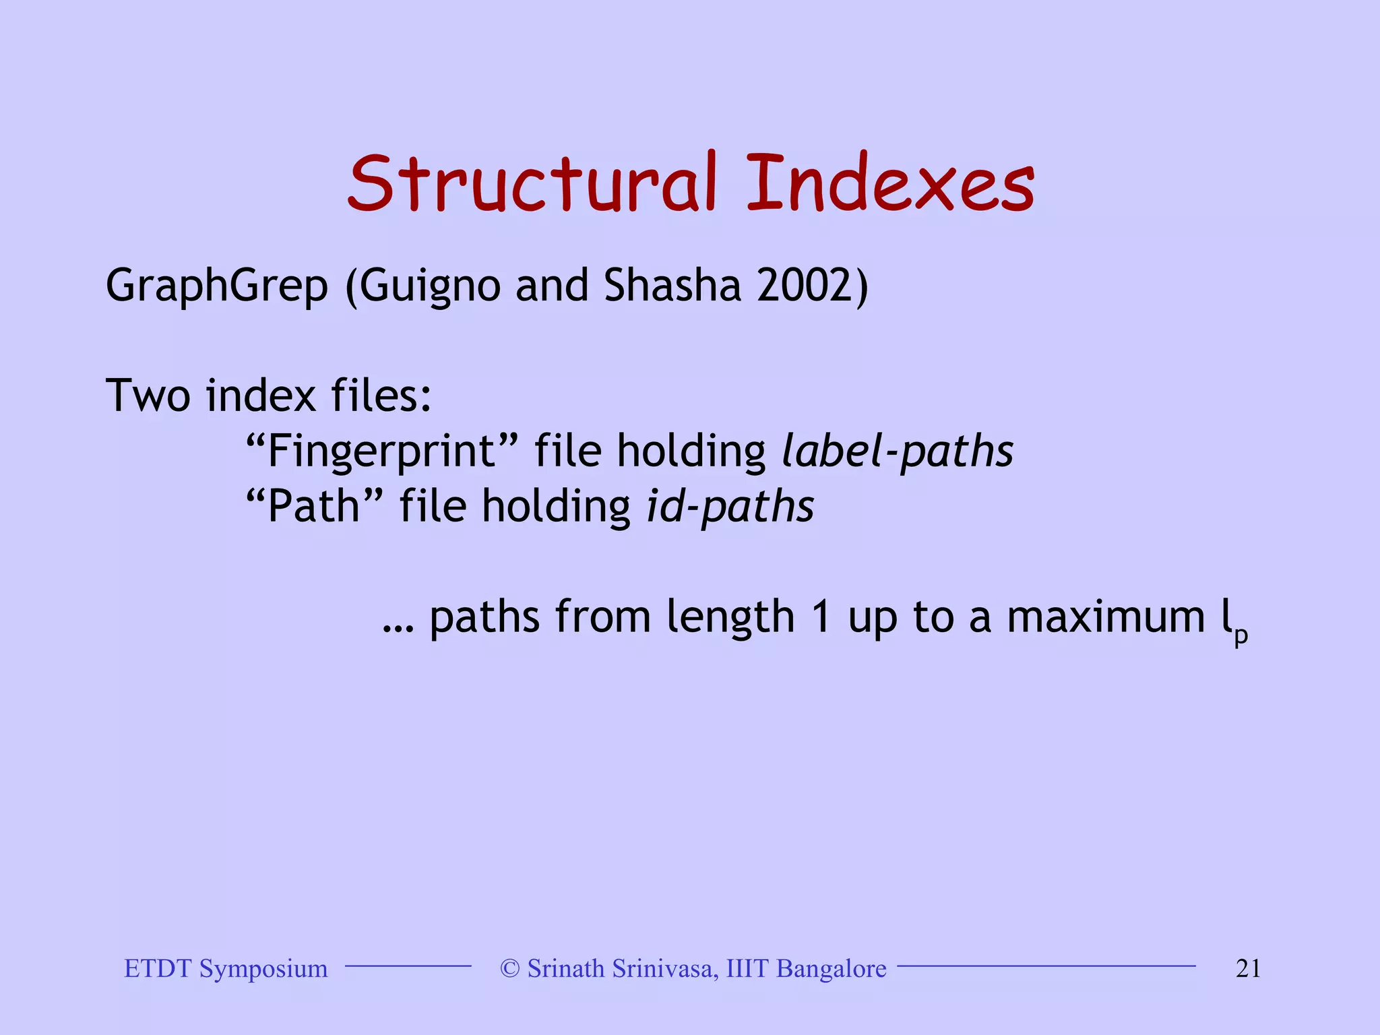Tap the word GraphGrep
click(217, 286)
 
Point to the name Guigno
click(429, 286)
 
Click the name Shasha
click(672, 285)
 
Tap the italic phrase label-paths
click(897, 451)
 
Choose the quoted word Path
click(314, 507)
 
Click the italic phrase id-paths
click(730, 507)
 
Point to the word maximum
click(1105, 617)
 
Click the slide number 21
click(1248, 968)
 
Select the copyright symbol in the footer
click(510, 968)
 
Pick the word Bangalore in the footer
click(831, 968)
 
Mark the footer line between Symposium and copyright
click(408, 966)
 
